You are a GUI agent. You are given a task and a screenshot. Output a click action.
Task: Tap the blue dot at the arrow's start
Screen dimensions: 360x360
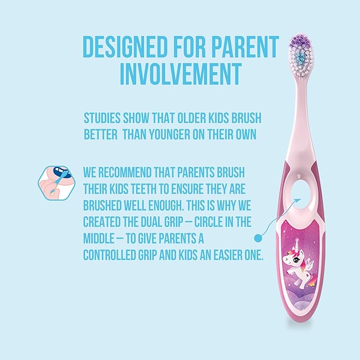[x=259, y=238]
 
